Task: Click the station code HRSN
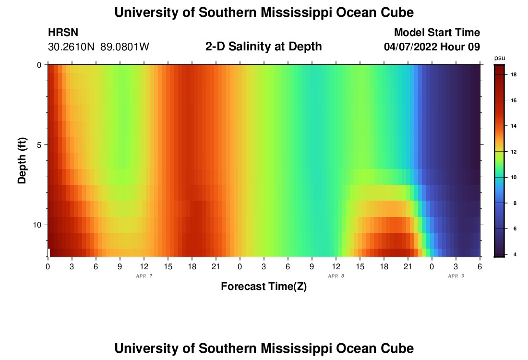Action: pos(63,33)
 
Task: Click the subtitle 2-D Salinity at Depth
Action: pos(264,47)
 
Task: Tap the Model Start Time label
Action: pos(437,33)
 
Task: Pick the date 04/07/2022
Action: pos(411,47)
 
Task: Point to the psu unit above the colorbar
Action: pos(499,58)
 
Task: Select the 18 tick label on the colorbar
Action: pos(513,75)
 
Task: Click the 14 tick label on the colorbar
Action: pos(513,126)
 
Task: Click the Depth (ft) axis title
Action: pos(22,160)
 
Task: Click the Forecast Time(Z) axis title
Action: pos(264,287)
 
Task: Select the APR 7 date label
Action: pos(144,276)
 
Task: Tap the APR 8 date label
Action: pos(336,276)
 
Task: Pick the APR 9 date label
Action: pos(456,276)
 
